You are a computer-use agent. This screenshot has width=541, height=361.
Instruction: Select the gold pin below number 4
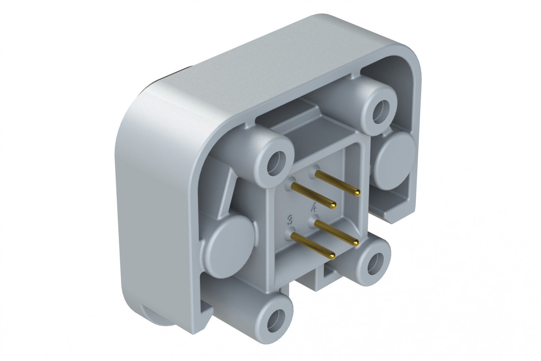click(336, 233)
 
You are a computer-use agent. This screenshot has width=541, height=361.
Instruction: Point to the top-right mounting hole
click(381, 109)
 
